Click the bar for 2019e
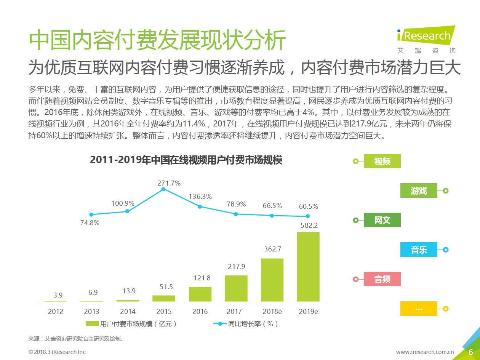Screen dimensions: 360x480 [308, 267]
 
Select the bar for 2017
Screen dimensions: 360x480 [236, 288]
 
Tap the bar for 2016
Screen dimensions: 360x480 [200, 294]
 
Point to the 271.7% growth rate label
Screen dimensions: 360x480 [169, 183]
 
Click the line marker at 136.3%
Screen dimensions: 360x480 [200, 206]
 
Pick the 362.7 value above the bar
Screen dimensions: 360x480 [272, 249]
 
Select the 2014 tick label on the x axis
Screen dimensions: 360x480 [128, 312]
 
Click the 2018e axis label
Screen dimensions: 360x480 [272, 312]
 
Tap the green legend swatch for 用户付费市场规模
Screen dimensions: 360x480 [92, 324]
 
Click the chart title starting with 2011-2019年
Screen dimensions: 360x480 [186, 160]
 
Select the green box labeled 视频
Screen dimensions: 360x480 [382, 161]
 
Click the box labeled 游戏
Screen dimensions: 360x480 [419, 190]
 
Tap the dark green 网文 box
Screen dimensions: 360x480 [382, 220]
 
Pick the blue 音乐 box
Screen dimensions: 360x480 [419, 250]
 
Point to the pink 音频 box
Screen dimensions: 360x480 [382, 279]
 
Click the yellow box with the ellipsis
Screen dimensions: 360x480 [419, 309]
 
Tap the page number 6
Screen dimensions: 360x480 [471, 352]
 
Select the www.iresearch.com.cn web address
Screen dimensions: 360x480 [425, 352]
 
